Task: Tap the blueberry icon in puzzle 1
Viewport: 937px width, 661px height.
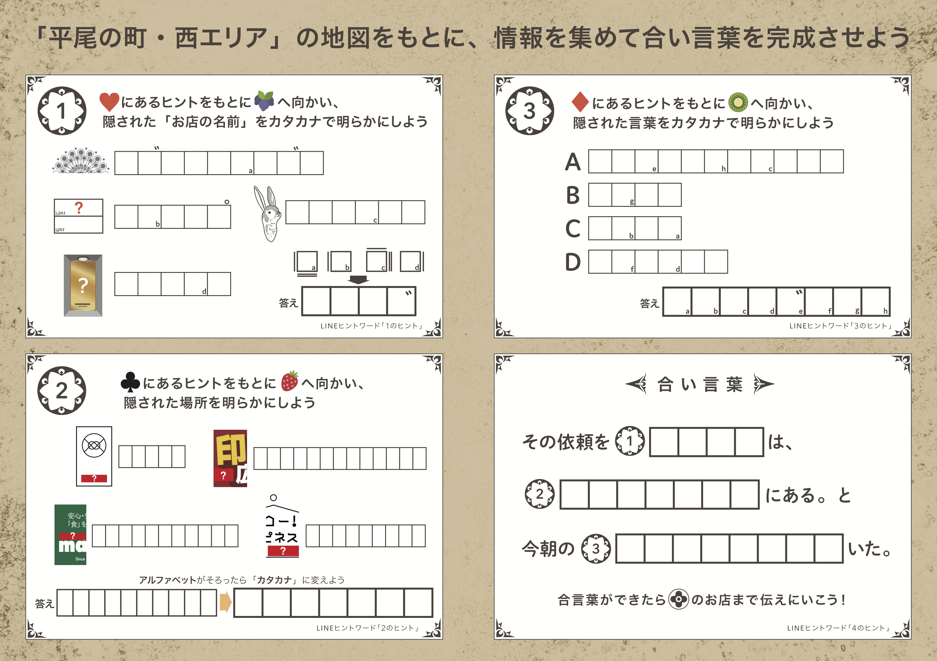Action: pyautogui.click(x=264, y=101)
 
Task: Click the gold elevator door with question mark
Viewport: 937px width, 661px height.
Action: pyautogui.click(x=83, y=286)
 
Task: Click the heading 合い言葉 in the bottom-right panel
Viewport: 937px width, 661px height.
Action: pyautogui.click(x=699, y=384)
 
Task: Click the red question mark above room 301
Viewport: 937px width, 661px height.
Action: pyautogui.click(x=79, y=208)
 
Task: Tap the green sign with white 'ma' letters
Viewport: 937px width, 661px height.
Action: pyautogui.click(x=70, y=535)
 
